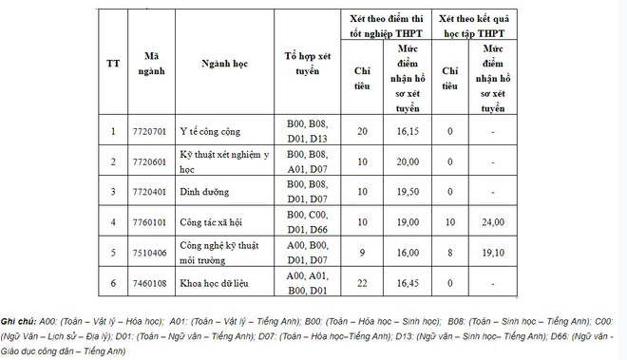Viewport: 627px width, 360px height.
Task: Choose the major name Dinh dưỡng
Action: (x=203, y=191)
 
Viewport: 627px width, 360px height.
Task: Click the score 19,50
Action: (x=408, y=191)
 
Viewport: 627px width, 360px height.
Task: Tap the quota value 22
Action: (x=361, y=282)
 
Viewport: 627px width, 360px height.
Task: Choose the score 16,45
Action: (x=408, y=282)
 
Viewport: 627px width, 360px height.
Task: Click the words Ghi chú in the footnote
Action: (x=20, y=321)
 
